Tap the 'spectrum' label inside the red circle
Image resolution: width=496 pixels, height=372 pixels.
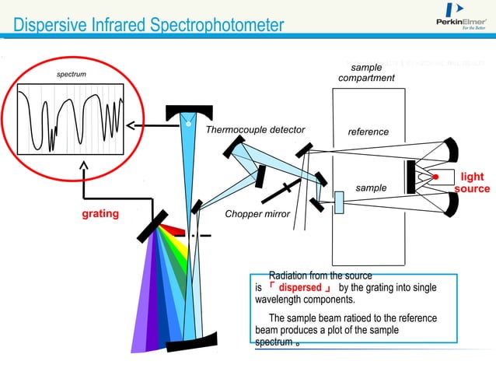click(72, 75)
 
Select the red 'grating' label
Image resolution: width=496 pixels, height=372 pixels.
click(100, 213)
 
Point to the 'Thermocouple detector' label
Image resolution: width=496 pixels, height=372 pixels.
click(255, 130)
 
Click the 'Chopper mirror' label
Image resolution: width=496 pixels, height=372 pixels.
click(257, 214)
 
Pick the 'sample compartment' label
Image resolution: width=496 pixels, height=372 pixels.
click(366, 73)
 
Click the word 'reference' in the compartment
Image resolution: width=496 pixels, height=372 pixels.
click(368, 132)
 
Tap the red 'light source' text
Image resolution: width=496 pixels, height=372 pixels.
click(472, 183)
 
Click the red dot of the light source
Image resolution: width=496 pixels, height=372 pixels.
click(437, 177)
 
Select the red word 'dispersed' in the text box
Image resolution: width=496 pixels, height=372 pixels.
click(299, 287)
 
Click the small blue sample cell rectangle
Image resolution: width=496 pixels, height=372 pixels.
click(339, 202)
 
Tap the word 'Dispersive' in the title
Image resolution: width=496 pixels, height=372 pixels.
click(47, 26)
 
